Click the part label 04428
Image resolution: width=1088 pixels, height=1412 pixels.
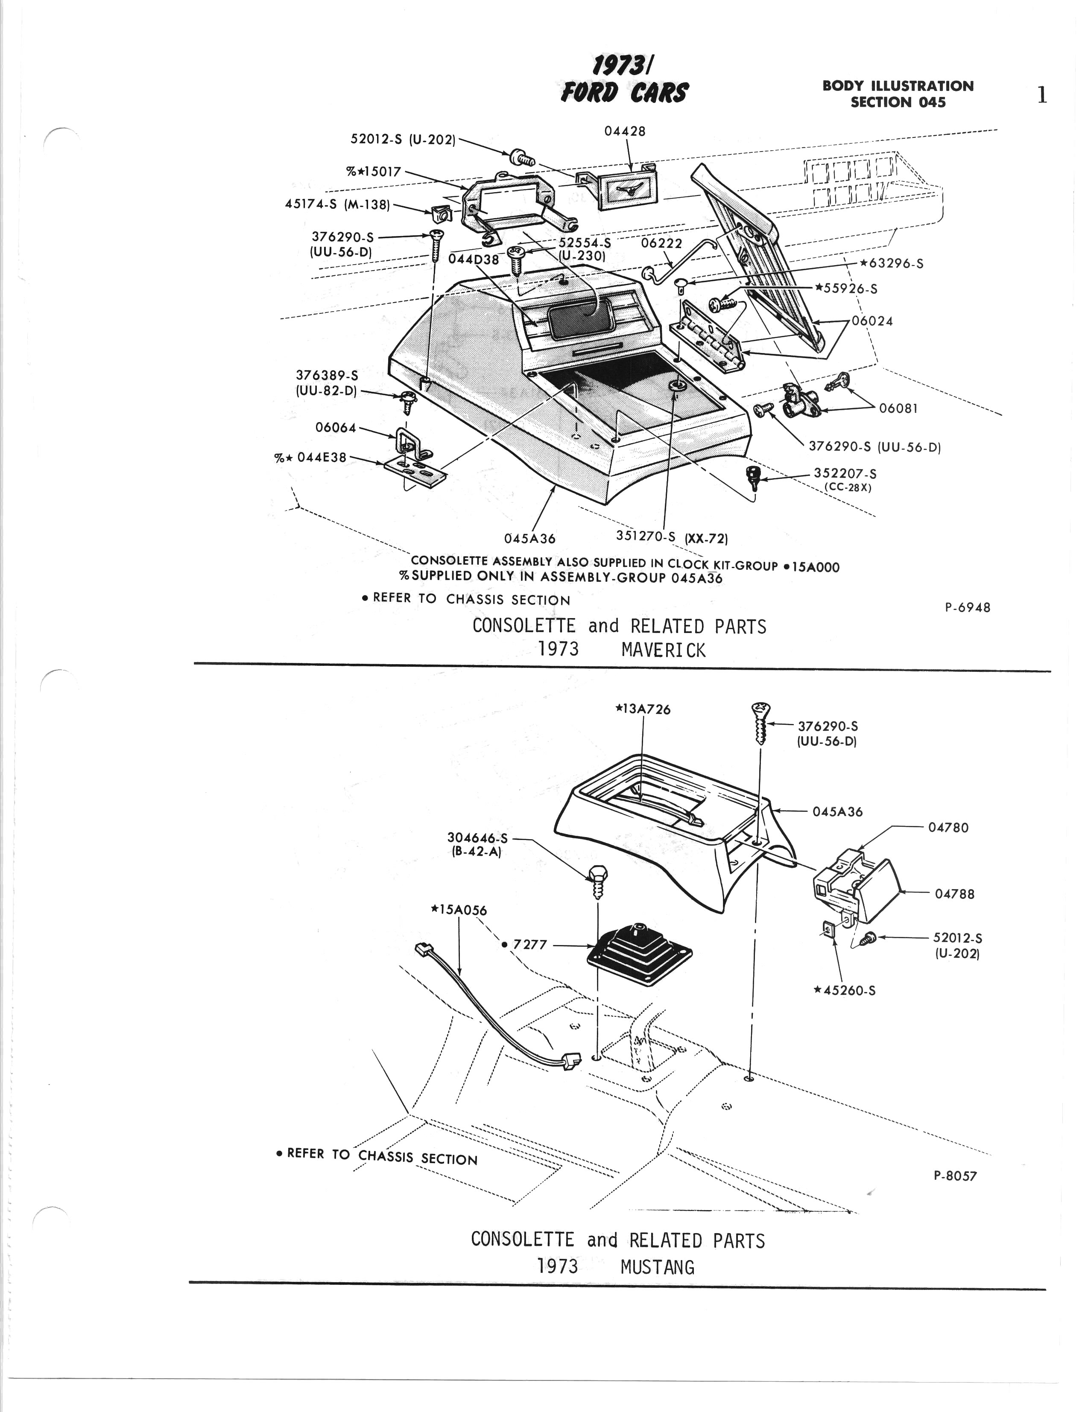(x=624, y=131)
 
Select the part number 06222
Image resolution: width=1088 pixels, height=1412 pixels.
(x=661, y=244)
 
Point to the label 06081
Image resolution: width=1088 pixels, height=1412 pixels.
(x=898, y=408)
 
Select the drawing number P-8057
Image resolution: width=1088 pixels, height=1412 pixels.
(x=955, y=1176)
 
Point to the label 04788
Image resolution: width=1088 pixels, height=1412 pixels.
(x=954, y=894)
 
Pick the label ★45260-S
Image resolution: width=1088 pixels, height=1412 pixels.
(x=845, y=990)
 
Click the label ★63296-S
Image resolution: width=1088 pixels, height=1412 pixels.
(x=891, y=264)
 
